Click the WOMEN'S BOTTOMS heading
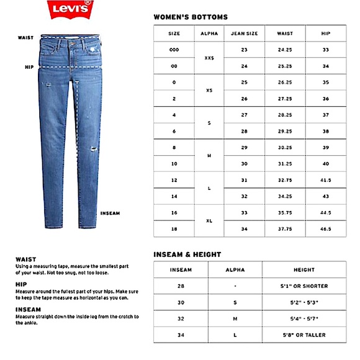pyautogui.click(x=191, y=17)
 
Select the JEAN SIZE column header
pyautogui.click(x=244, y=34)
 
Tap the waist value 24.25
pyautogui.click(x=285, y=50)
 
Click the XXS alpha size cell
pyautogui.click(x=209, y=58)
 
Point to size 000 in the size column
pyautogui.click(x=174, y=50)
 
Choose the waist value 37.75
pyautogui.click(x=285, y=228)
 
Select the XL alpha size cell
pyautogui.click(x=209, y=220)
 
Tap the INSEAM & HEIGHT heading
pyautogui.click(x=187, y=254)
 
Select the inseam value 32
pyautogui.click(x=181, y=318)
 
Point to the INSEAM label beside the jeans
pyautogui.click(x=110, y=213)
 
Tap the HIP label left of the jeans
pyautogui.click(x=29, y=66)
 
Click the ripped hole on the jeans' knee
pyautogui.click(x=93, y=150)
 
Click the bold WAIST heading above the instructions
pyautogui.click(x=26, y=259)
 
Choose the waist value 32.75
pyautogui.click(x=285, y=179)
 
